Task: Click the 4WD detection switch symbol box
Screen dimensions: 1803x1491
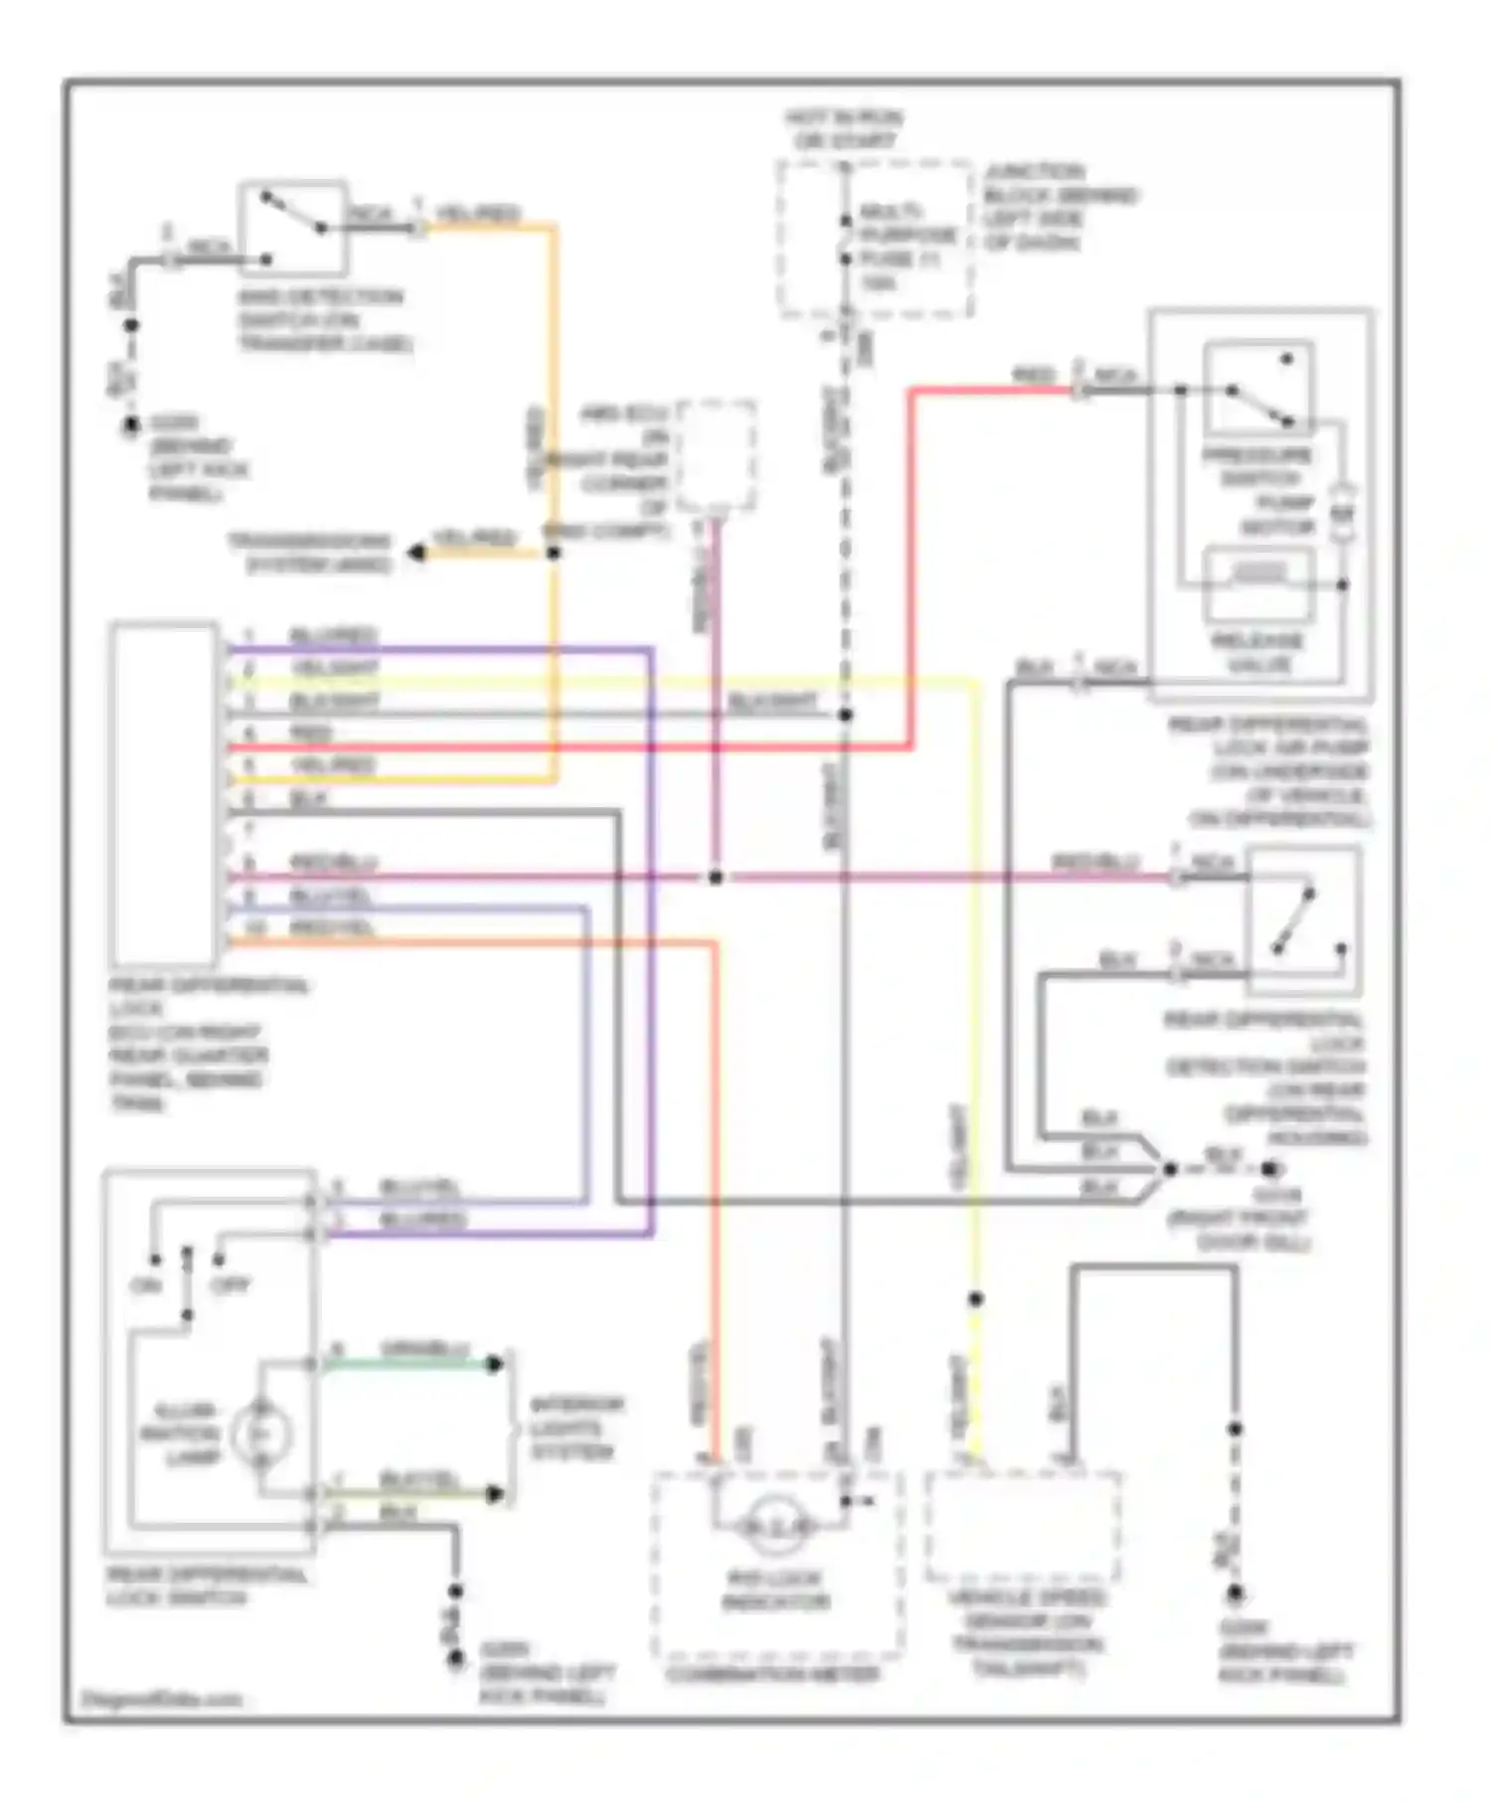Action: click(293, 229)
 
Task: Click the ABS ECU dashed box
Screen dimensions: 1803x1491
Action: click(715, 456)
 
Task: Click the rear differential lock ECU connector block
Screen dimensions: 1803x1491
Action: click(165, 793)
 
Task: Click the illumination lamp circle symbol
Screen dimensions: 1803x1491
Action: click(261, 1433)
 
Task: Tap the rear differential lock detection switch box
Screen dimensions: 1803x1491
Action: click(1304, 921)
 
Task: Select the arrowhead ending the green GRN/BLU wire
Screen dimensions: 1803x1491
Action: click(494, 1364)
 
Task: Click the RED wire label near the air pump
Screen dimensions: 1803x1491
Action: click(1034, 376)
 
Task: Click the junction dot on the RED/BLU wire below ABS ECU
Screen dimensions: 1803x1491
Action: click(715, 877)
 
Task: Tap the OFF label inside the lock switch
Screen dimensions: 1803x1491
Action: click(230, 1285)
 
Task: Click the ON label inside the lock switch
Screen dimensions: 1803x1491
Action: click(146, 1285)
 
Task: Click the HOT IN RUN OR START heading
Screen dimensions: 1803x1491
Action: click(844, 129)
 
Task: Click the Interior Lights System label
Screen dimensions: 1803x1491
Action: click(577, 1428)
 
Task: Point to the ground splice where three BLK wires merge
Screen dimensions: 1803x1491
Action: click(1170, 1169)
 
